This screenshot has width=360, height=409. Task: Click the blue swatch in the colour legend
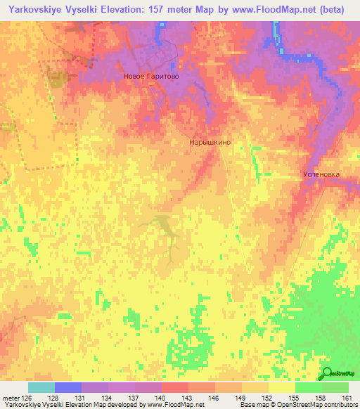point(68,387)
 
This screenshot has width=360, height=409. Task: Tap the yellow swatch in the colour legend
point(282,387)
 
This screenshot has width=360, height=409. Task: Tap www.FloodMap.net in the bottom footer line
point(172,405)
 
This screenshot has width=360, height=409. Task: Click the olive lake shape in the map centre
point(165,226)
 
